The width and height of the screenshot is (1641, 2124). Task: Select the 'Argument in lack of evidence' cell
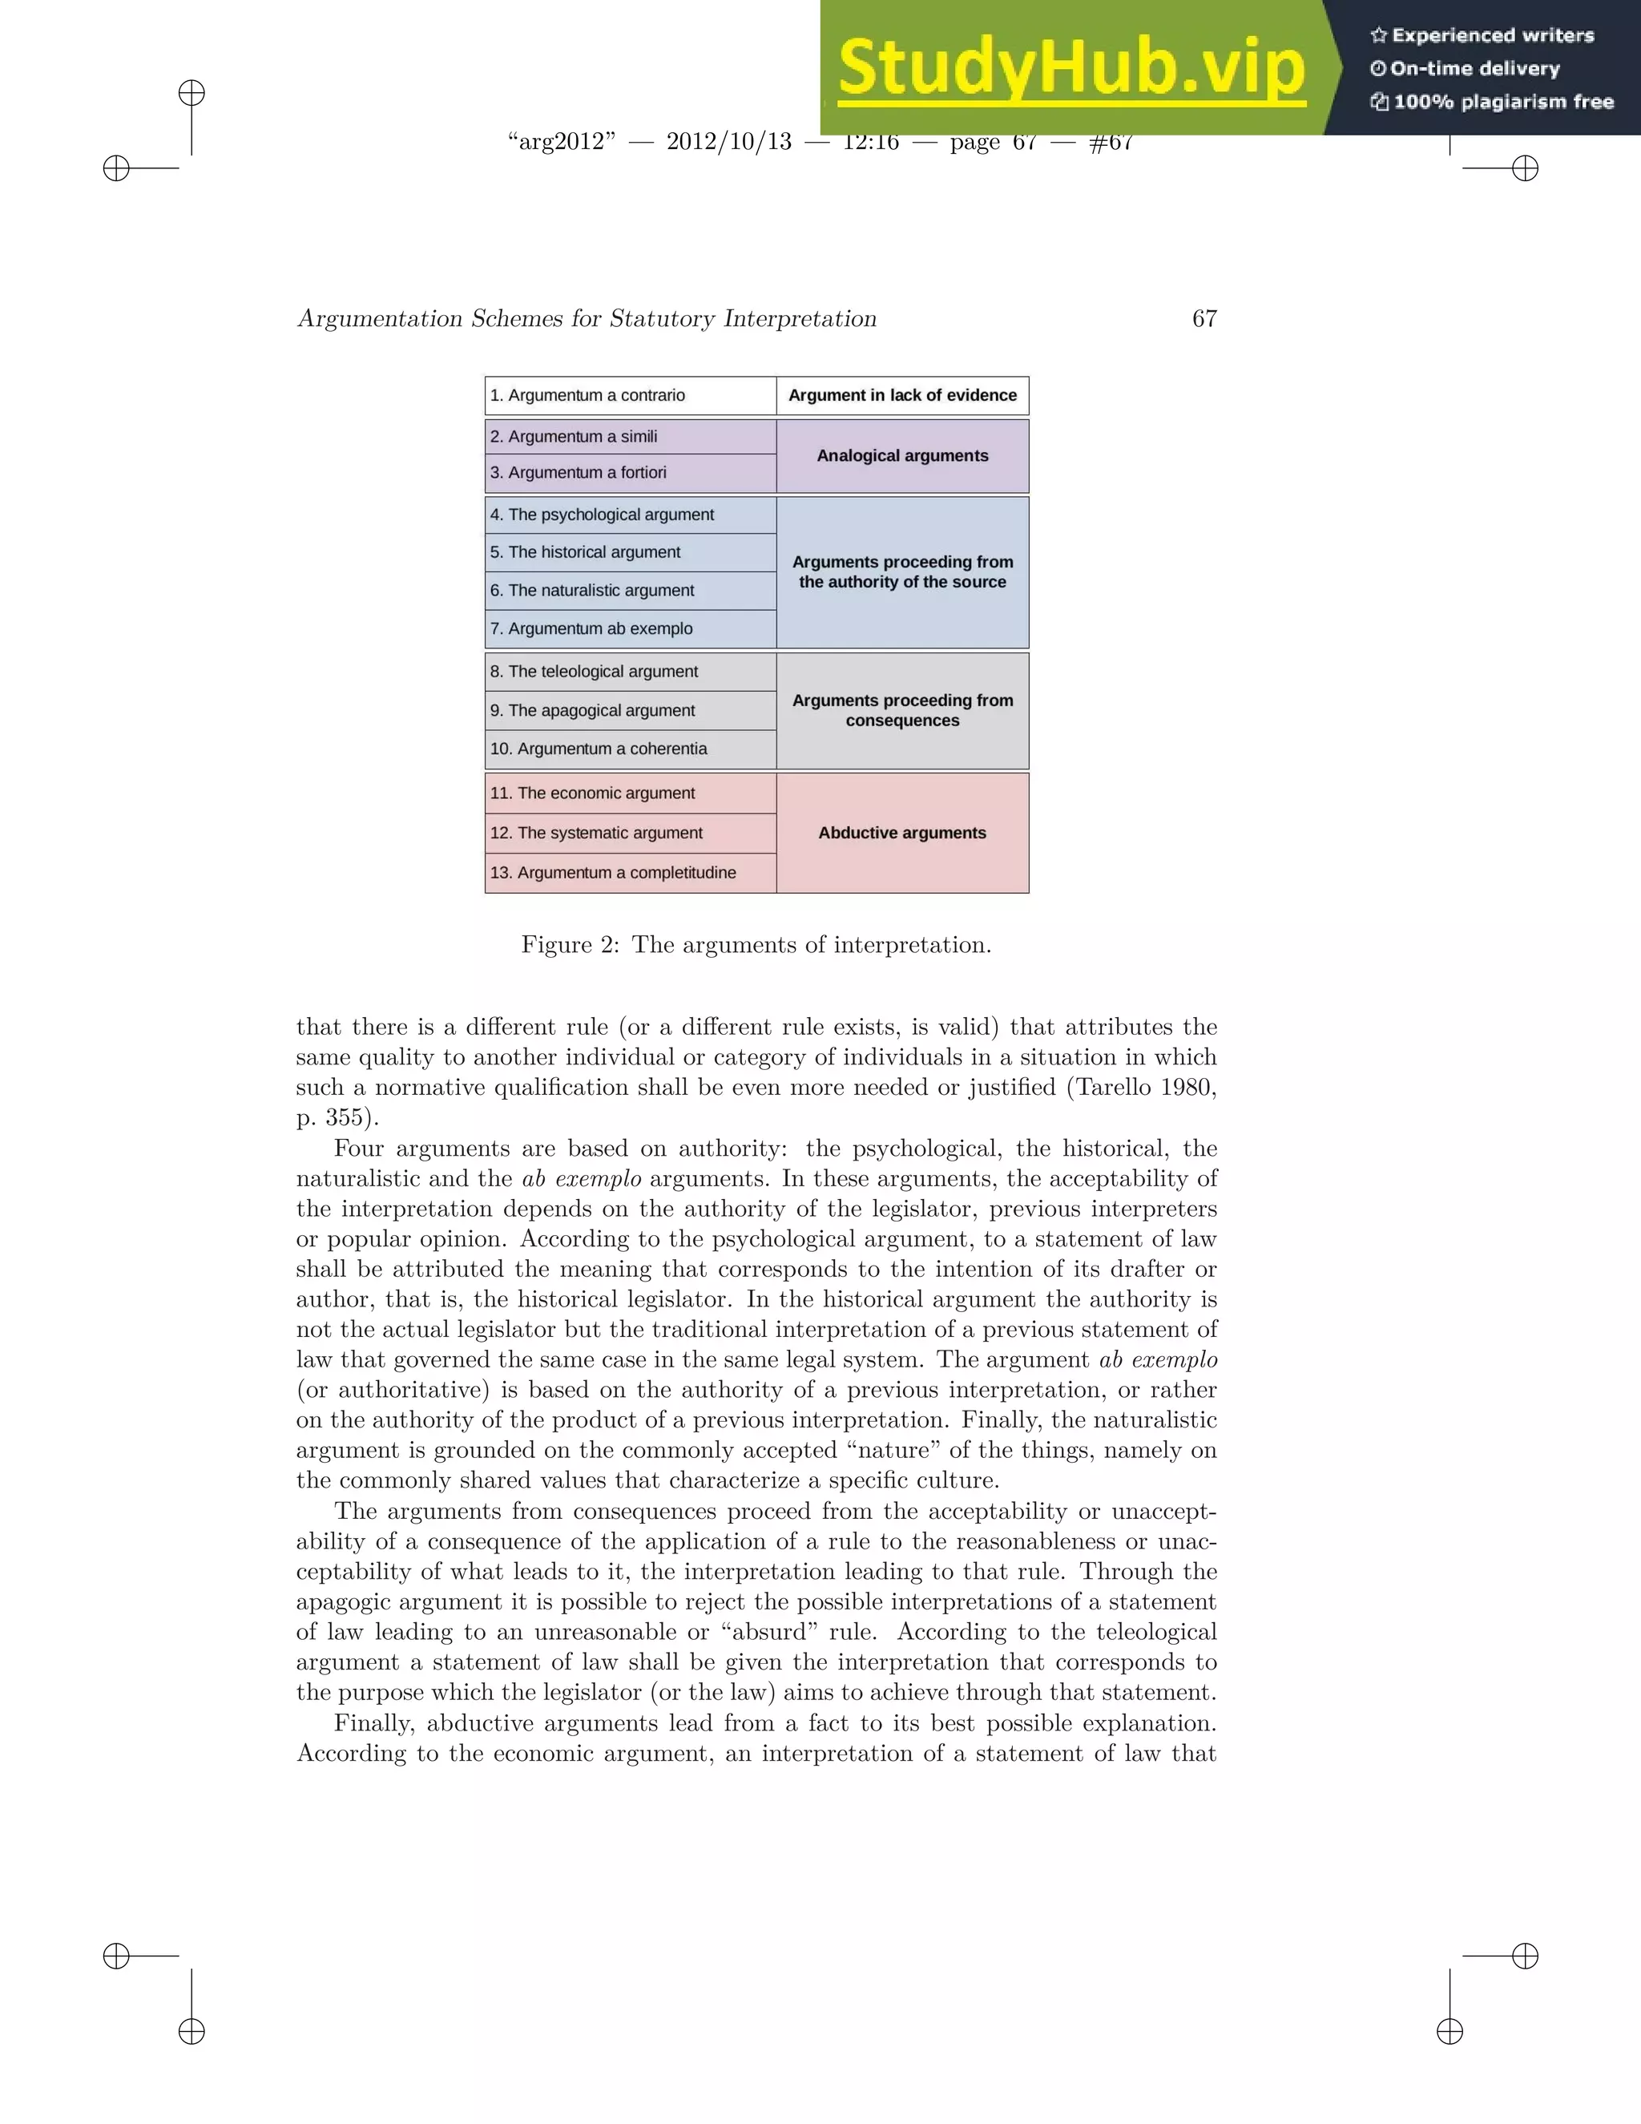point(902,396)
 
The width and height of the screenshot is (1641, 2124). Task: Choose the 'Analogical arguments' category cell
point(902,456)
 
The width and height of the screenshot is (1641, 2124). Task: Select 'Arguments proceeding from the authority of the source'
point(902,571)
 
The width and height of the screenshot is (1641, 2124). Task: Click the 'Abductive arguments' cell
point(902,834)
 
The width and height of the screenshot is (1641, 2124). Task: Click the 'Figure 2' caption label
point(569,945)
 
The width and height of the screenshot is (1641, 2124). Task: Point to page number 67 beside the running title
point(1204,319)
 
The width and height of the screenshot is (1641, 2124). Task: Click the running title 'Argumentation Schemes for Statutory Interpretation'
point(587,319)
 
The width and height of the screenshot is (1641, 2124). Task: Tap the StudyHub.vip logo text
point(1070,68)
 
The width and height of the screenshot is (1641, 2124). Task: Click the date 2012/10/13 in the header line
point(728,142)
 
